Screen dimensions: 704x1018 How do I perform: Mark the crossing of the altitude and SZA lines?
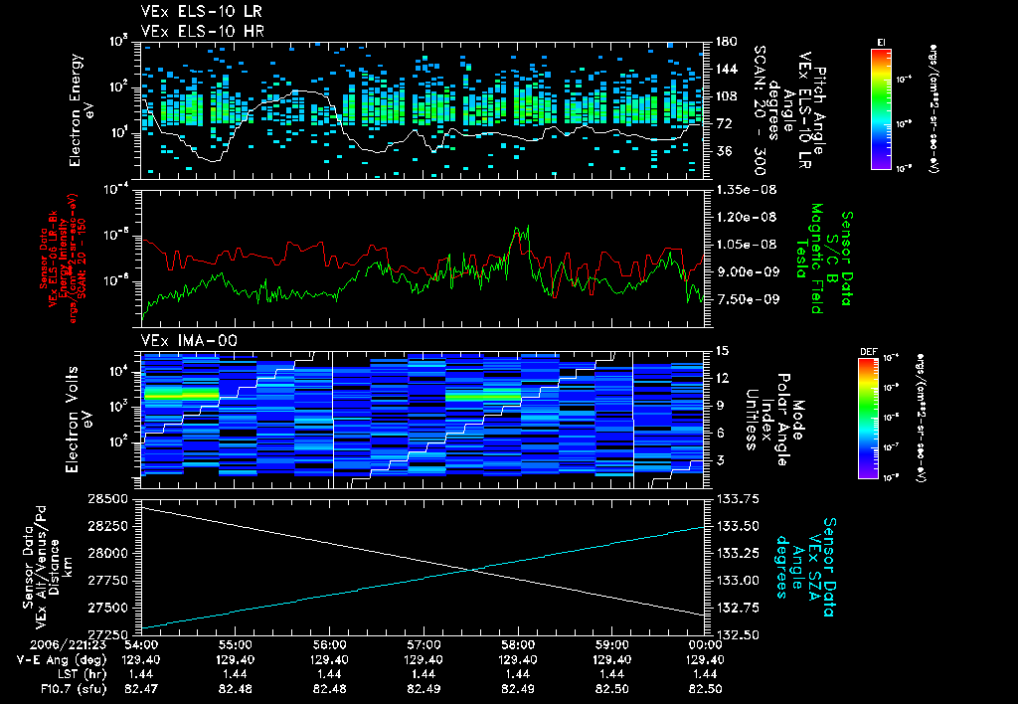471,570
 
